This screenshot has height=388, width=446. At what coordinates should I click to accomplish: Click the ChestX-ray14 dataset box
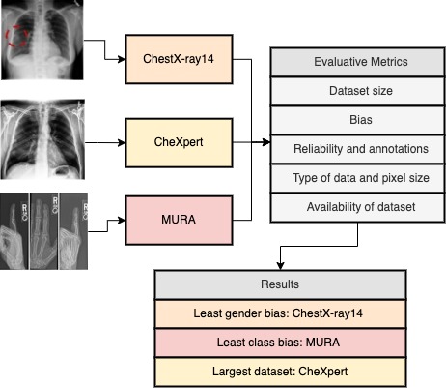pyautogui.click(x=181, y=59)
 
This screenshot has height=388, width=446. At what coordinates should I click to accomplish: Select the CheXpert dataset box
pyautogui.click(x=181, y=142)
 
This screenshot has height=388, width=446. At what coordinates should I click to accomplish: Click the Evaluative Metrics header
pyautogui.click(x=361, y=62)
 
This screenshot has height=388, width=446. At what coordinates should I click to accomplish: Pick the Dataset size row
pyautogui.click(x=361, y=91)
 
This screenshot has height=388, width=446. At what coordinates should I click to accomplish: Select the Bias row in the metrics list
pyautogui.click(x=361, y=120)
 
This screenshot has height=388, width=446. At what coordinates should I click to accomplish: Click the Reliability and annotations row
pyautogui.click(x=361, y=149)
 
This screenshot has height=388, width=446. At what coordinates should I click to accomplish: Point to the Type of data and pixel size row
pyautogui.click(x=361, y=178)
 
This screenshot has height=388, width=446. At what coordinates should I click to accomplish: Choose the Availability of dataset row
pyautogui.click(x=361, y=207)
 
